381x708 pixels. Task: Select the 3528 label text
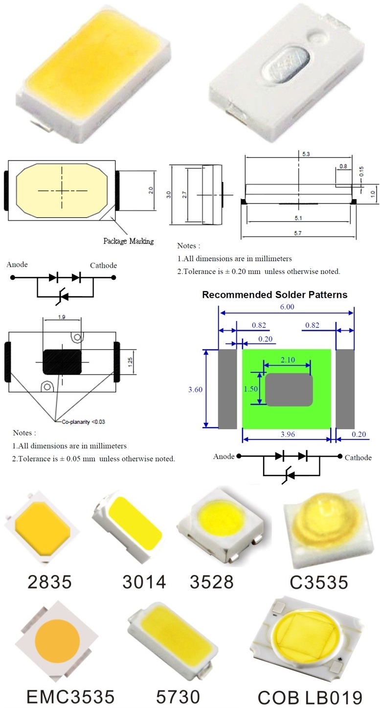click(x=211, y=581)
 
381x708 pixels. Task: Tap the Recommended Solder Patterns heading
click(x=275, y=295)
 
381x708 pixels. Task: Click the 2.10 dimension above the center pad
click(x=287, y=360)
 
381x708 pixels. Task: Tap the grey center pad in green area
click(x=288, y=390)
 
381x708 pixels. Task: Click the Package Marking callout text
click(x=129, y=241)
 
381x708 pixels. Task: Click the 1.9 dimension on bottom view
click(x=62, y=317)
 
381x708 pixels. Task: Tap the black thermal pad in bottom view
click(x=62, y=362)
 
